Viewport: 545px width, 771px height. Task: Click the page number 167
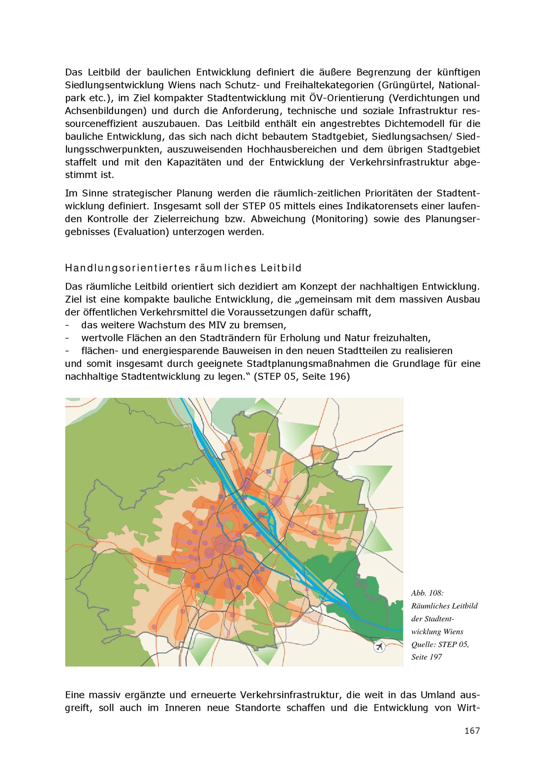pyautogui.click(x=472, y=731)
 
